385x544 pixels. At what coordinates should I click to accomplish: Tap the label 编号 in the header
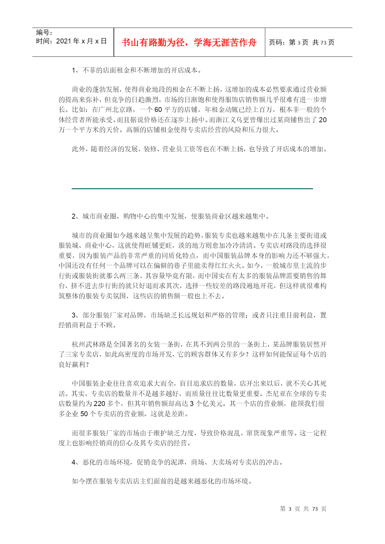coord(43,33)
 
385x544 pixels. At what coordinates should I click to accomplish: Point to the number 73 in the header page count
coord(323,42)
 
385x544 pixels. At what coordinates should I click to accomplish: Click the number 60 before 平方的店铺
coord(158,110)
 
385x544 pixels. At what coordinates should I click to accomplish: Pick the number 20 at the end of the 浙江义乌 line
coord(323,120)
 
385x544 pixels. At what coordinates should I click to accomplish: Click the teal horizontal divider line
coord(192,189)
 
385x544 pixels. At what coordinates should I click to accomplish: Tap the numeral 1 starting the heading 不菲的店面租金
coord(74,70)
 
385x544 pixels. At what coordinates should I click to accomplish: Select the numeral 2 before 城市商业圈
coord(74,216)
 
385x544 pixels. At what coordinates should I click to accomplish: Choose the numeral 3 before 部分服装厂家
coord(74,315)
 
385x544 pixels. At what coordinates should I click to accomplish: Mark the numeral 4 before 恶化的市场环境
coord(74,462)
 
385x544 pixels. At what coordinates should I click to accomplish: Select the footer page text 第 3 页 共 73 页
coord(303,509)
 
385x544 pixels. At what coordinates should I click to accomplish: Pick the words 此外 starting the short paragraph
coord(78,149)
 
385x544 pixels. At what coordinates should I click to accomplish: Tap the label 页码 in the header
coord(277,42)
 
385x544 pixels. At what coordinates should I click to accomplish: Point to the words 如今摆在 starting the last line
coord(85,481)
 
